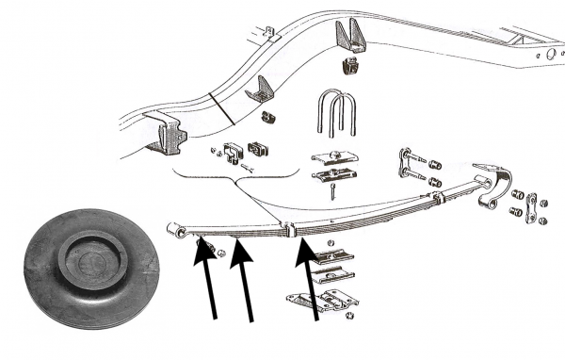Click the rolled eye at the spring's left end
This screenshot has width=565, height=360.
(174, 230)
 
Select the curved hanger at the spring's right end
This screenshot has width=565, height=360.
(496, 189)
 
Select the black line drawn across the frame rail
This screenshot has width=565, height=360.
(223, 110)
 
